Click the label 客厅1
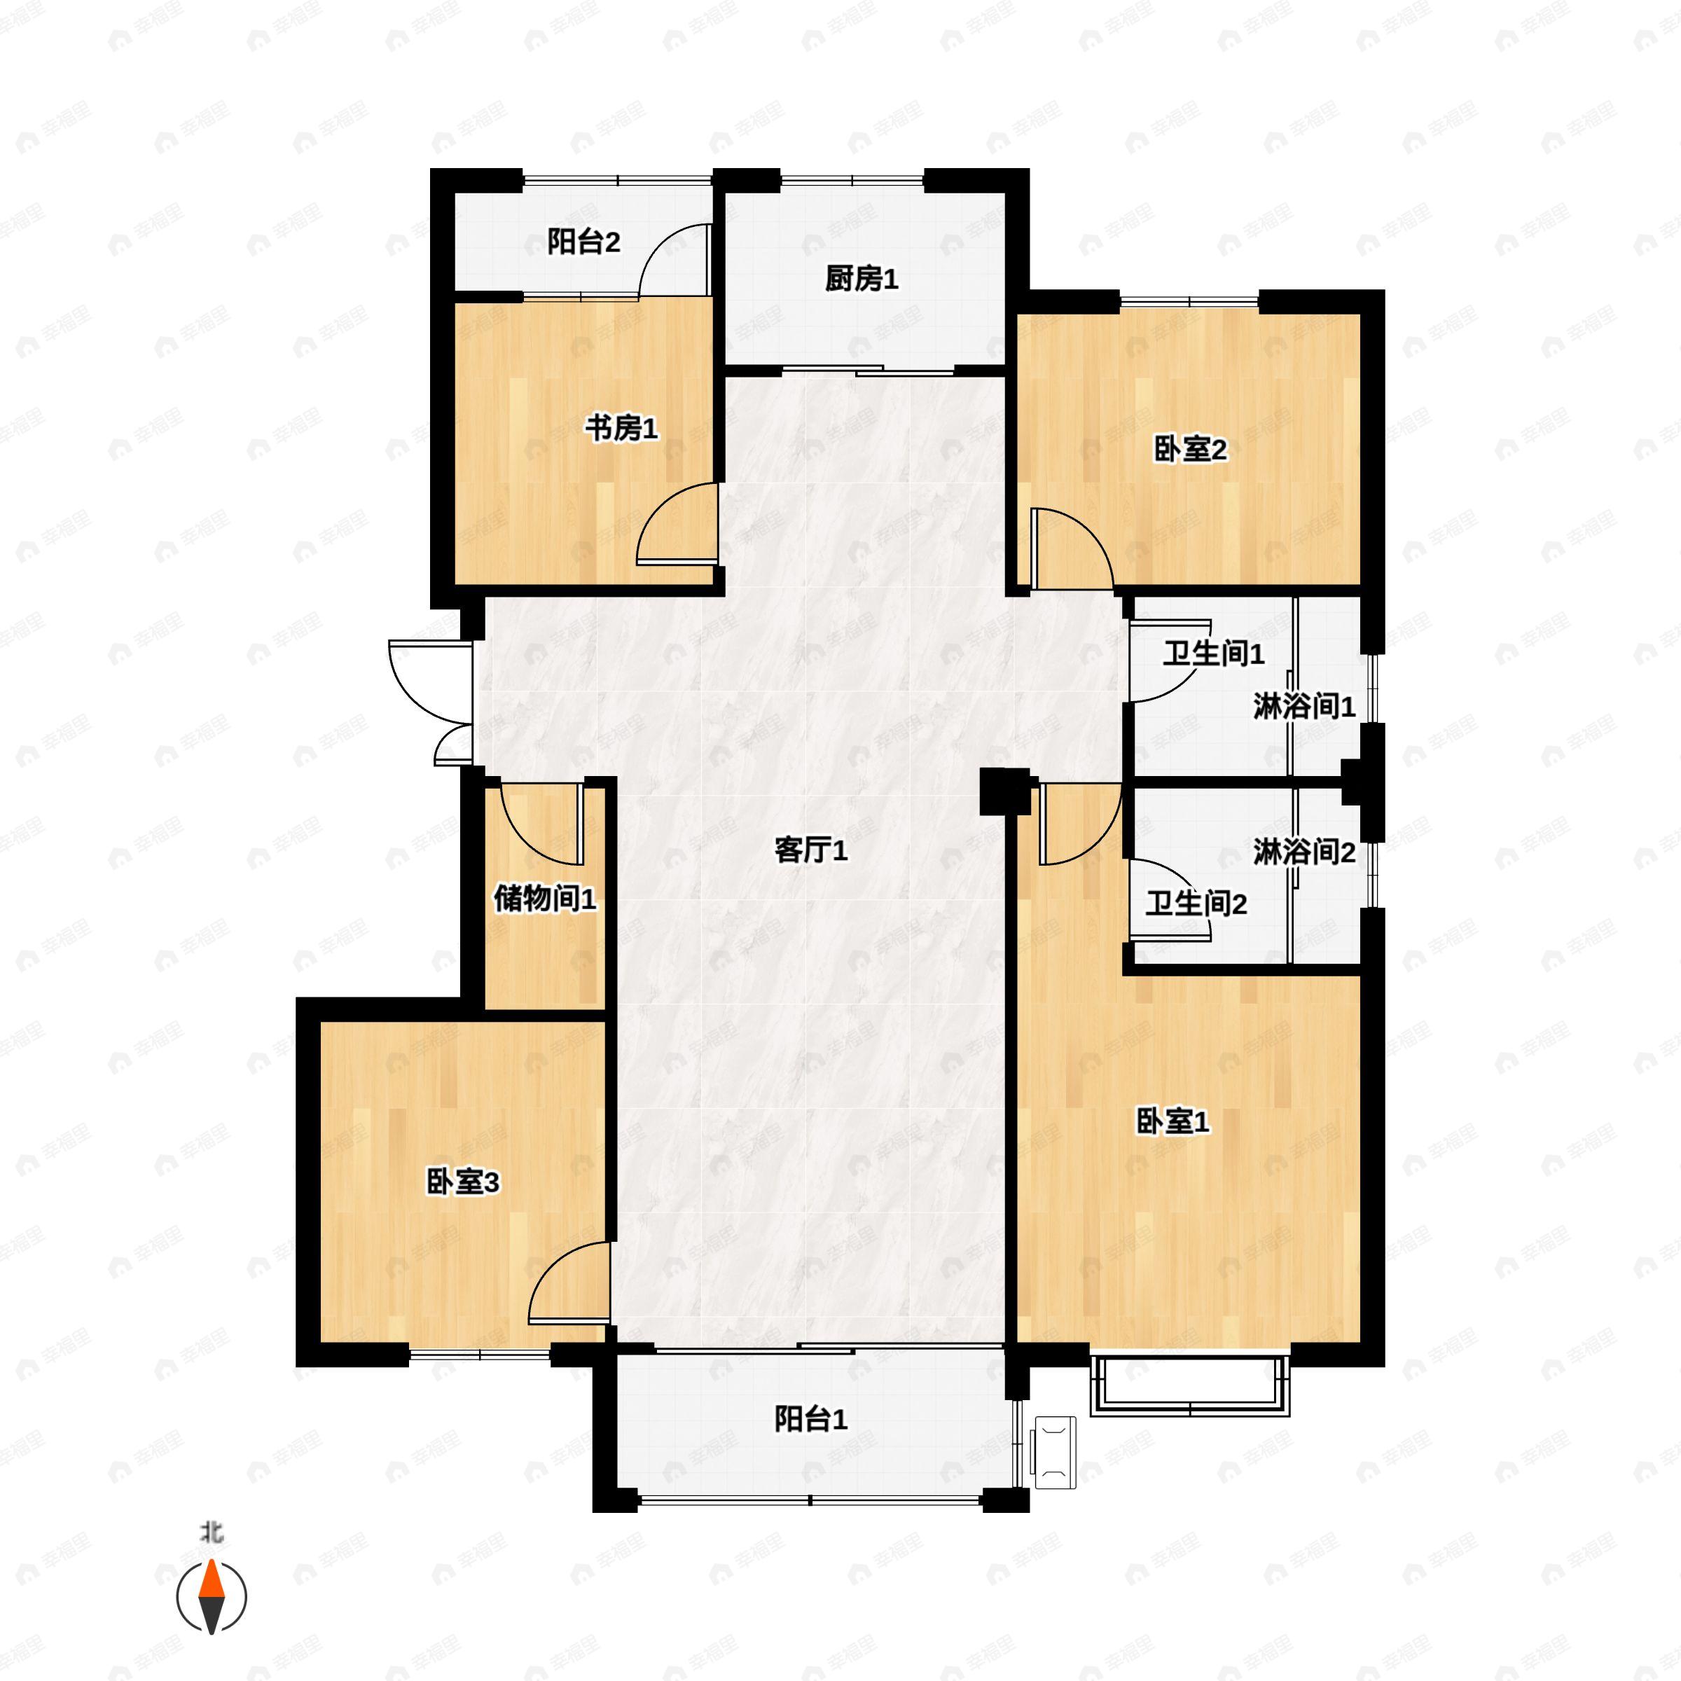tap(811, 850)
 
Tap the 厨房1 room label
tap(862, 279)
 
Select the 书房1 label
tap(621, 428)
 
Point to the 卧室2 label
tap(1190, 450)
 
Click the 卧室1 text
tap(1173, 1121)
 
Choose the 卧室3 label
tap(463, 1182)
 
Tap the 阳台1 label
tap(811, 1419)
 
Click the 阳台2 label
tap(584, 242)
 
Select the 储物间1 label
tap(545, 899)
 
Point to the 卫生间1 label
tap(1214, 653)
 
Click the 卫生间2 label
tap(1196, 904)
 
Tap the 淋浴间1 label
tap(1304, 707)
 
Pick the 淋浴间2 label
tap(1304, 852)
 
